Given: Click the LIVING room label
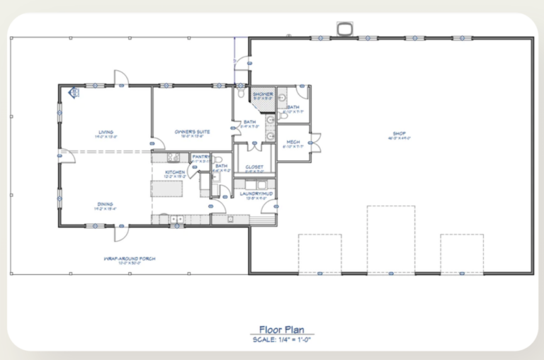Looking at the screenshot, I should pyautogui.click(x=106, y=131).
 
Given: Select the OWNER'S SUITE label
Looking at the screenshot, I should pyautogui.click(x=193, y=131).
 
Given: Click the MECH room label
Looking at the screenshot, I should pyautogui.click(x=293, y=142).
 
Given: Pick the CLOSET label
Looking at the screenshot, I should pyautogui.click(x=254, y=167).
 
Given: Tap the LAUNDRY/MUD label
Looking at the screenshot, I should pyautogui.click(x=254, y=193).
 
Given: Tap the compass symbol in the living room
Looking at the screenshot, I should pyautogui.click(x=73, y=92).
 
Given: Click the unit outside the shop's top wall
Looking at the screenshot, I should pyautogui.click(x=346, y=29).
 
